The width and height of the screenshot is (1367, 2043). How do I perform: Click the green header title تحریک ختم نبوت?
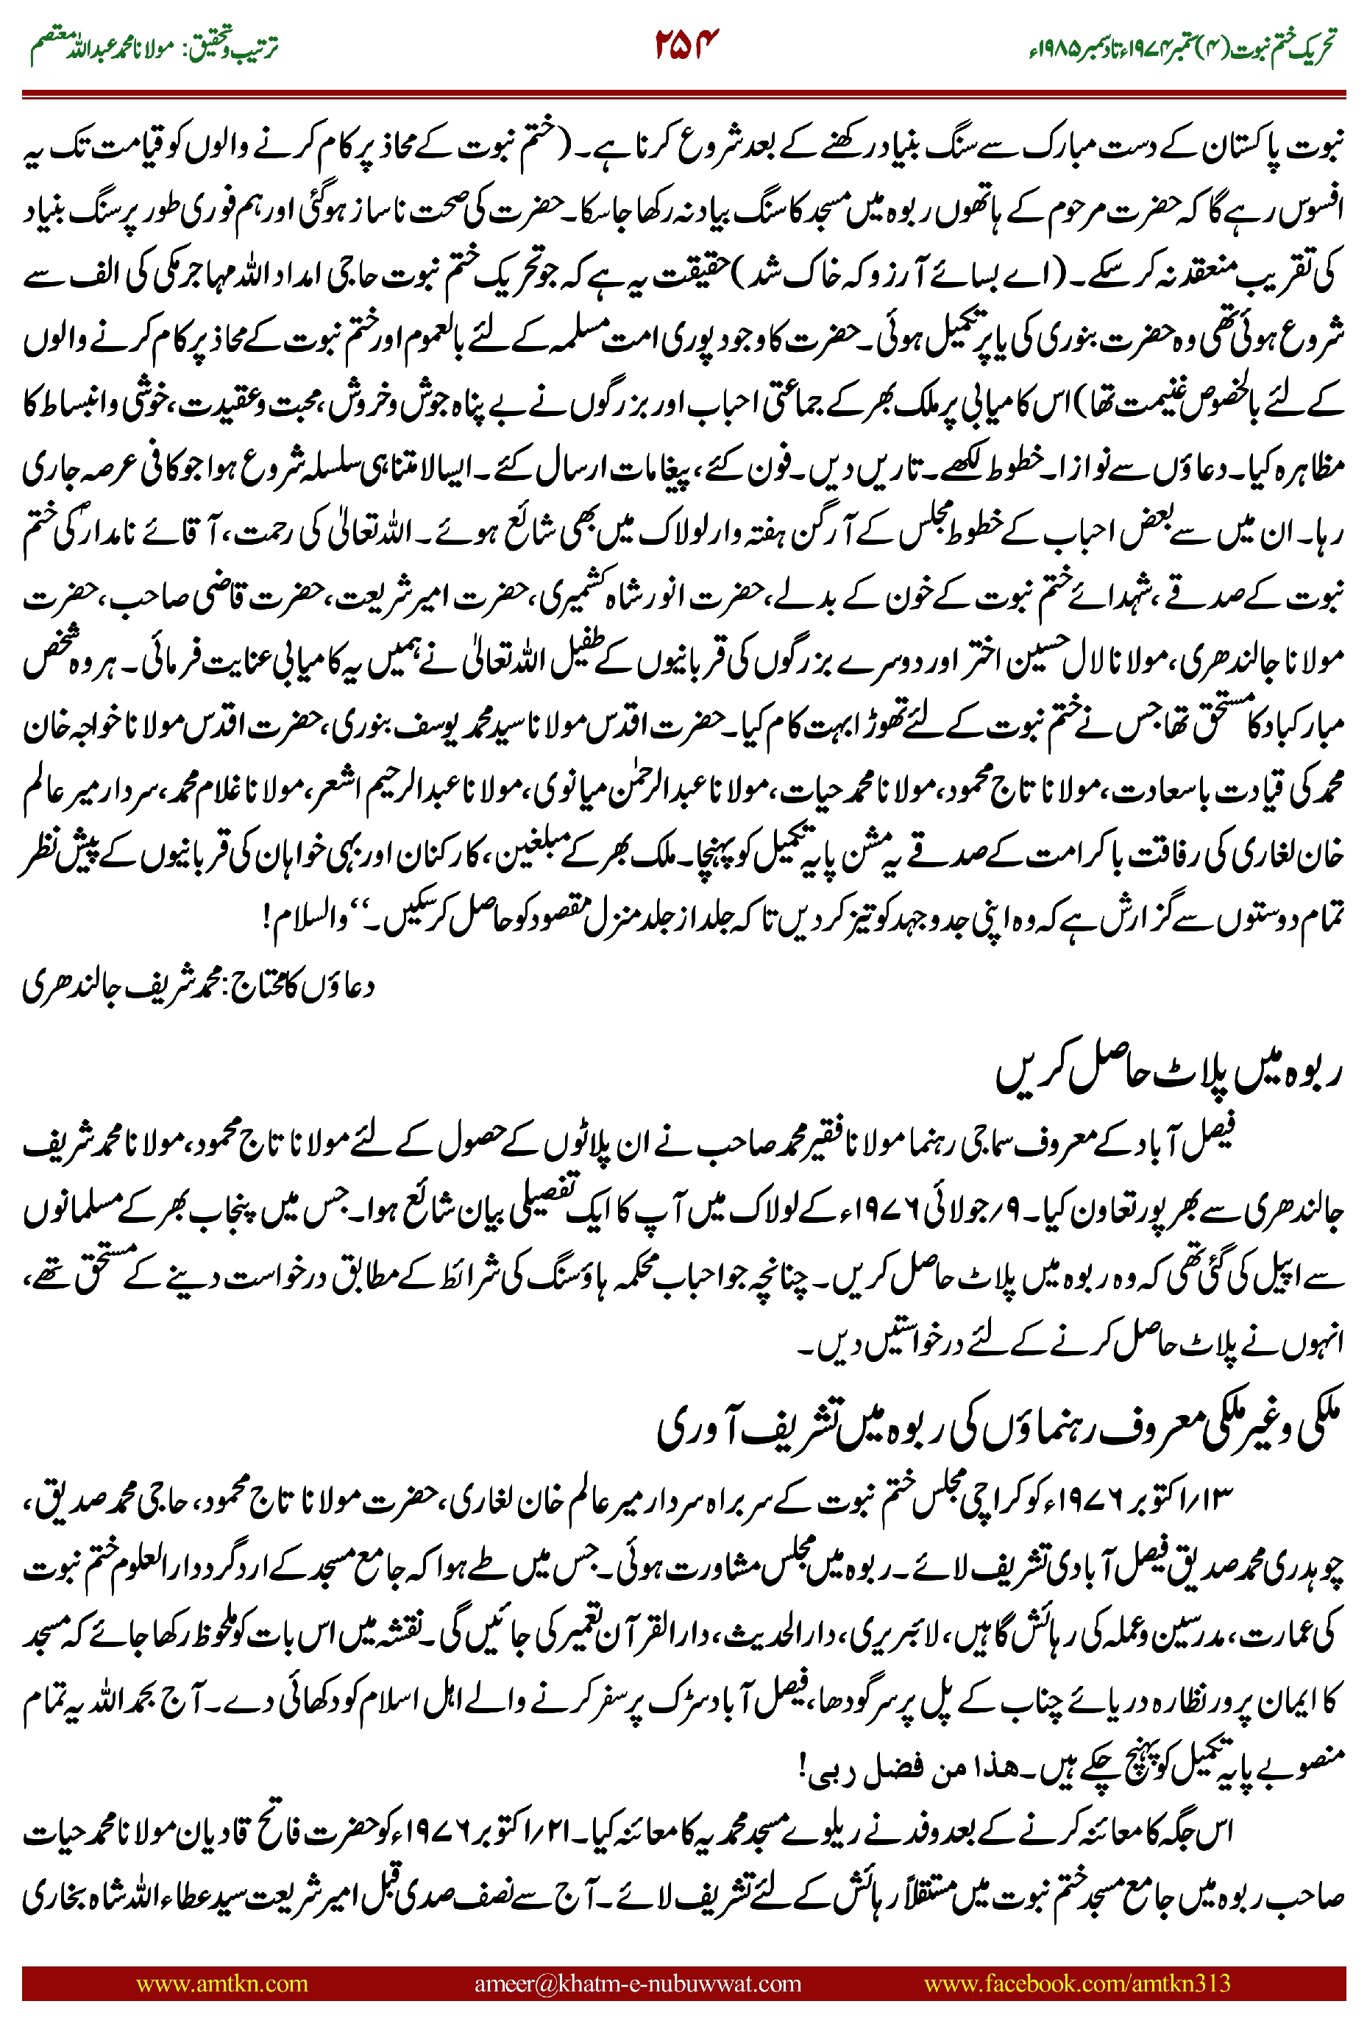(x=1282, y=46)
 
